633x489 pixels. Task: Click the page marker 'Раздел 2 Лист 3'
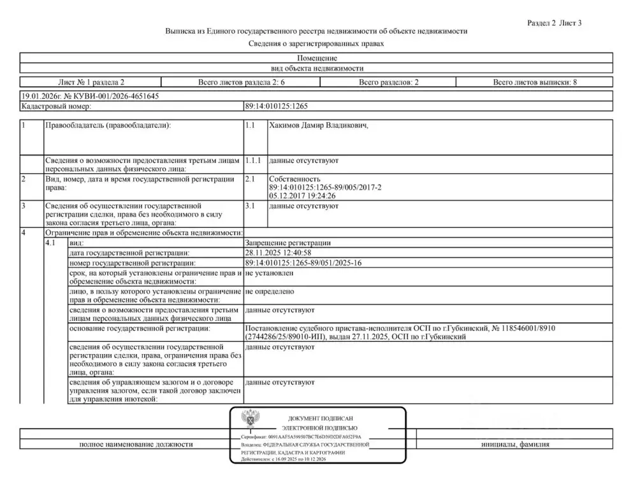[x=555, y=23]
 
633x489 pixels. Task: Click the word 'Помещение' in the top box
[x=317, y=58]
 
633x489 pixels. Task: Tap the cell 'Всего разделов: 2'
[x=388, y=82]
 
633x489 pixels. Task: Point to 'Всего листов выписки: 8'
[x=534, y=82]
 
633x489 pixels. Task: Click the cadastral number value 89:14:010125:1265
[x=276, y=106]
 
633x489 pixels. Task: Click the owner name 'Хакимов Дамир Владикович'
[x=318, y=126]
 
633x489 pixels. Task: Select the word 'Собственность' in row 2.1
[x=295, y=180]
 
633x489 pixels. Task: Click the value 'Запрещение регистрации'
[x=287, y=243]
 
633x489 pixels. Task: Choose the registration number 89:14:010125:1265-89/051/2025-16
[x=303, y=263]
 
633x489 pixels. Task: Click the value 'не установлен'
[x=269, y=273]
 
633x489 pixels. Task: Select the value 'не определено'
[x=269, y=291]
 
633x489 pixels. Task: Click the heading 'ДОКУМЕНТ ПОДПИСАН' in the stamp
[x=320, y=418]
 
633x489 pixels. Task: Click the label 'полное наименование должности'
[x=136, y=444]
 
